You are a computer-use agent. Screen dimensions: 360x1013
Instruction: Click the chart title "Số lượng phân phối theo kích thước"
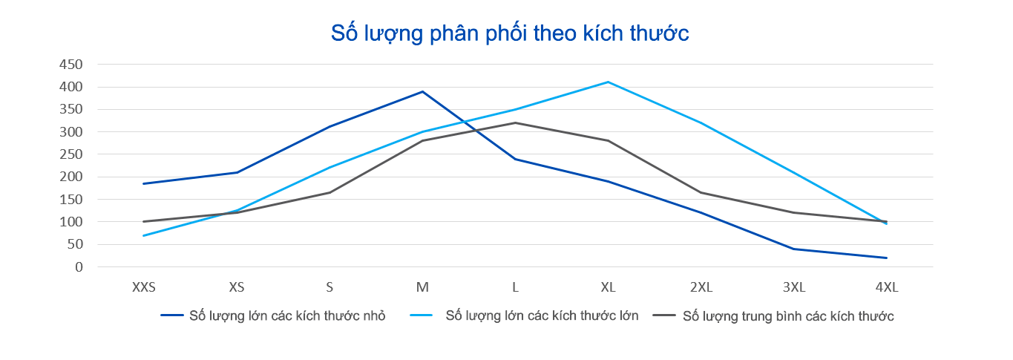click(x=510, y=33)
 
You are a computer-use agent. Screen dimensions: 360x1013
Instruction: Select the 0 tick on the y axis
click(x=77, y=267)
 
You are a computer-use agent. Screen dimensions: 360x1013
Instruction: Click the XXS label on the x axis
click(x=143, y=287)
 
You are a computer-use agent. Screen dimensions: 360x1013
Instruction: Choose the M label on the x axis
click(x=422, y=287)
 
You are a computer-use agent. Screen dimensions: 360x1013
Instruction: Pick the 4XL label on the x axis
click(x=886, y=287)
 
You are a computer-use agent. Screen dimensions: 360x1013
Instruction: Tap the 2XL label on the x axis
click(x=701, y=287)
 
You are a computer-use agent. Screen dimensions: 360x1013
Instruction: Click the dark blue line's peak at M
click(x=422, y=91)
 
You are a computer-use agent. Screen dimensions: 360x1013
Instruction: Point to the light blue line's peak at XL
click(x=608, y=82)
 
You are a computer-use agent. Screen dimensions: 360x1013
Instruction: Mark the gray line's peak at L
click(x=515, y=122)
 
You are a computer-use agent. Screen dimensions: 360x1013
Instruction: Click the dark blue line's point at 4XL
click(x=886, y=258)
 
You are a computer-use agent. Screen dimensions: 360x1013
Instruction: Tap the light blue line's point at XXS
click(x=143, y=235)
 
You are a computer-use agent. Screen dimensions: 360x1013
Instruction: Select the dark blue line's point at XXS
click(x=143, y=183)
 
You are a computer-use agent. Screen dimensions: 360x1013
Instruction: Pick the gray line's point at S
click(x=330, y=192)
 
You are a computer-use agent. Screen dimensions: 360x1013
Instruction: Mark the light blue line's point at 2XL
click(x=701, y=122)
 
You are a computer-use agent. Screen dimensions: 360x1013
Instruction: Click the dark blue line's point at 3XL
click(x=793, y=249)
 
